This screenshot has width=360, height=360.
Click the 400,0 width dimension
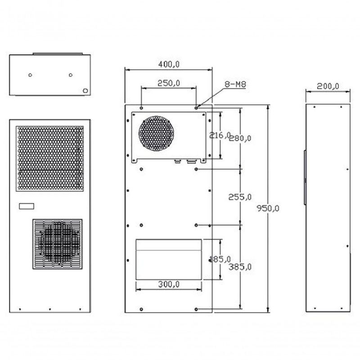169,64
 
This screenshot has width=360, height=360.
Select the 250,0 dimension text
169,83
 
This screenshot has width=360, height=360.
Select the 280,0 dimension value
241,138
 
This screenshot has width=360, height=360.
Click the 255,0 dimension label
240,197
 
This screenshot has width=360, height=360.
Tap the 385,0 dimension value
240,267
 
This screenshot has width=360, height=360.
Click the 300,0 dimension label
169,284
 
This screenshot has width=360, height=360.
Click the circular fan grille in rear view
156,133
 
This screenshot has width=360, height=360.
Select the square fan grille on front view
57,244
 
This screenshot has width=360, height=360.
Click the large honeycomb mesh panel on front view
50,157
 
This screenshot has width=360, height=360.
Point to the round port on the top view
85,90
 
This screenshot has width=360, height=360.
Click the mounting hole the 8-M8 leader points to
197,108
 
